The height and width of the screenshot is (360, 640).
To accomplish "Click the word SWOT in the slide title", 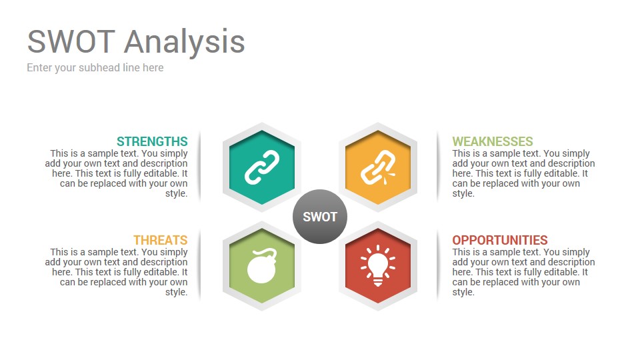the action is (71, 41).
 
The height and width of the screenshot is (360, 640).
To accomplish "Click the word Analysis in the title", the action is (185, 43).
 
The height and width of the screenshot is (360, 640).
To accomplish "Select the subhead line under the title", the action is (95, 68).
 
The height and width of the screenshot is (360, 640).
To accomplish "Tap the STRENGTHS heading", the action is (152, 141).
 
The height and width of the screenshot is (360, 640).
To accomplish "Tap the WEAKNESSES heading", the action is (493, 141).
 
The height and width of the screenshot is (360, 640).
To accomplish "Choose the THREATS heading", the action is (161, 240).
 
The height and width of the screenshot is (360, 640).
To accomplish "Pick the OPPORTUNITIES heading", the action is (500, 240).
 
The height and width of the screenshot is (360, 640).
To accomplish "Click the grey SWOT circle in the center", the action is (320, 217).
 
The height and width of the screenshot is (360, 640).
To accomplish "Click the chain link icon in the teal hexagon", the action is (262, 167).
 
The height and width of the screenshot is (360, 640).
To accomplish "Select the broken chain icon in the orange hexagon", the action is (378, 167).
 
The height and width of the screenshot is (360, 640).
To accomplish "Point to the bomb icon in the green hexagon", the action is (262, 266).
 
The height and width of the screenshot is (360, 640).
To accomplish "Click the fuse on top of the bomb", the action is (269, 252).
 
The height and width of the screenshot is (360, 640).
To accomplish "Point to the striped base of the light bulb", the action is (378, 281).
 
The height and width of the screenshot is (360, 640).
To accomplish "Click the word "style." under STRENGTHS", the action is (176, 193).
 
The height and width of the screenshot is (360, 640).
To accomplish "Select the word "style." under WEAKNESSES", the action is (463, 193).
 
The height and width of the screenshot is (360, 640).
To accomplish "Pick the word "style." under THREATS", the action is (176, 292).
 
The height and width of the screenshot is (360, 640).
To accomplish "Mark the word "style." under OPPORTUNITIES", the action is (463, 292).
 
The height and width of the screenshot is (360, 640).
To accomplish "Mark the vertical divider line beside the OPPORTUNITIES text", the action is (437, 265).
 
